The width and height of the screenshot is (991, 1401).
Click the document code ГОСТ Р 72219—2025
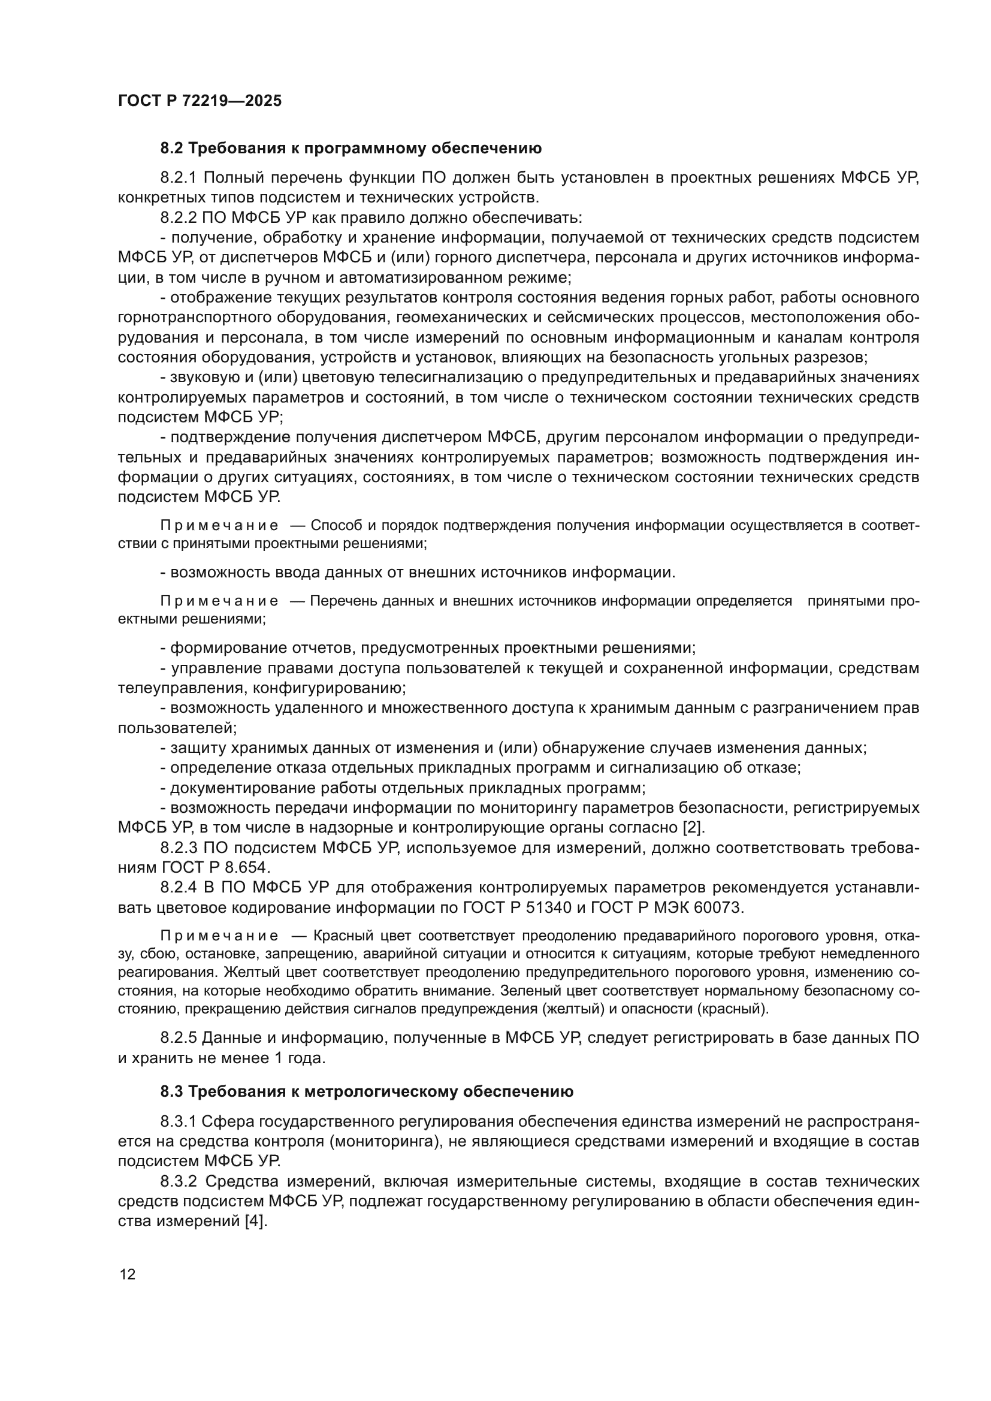[200, 101]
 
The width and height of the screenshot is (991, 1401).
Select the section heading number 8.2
[172, 149]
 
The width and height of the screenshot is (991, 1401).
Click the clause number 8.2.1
[178, 177]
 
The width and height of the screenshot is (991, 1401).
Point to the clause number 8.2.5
[178, 1037]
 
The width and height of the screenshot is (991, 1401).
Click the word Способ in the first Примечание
[334, 525]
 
